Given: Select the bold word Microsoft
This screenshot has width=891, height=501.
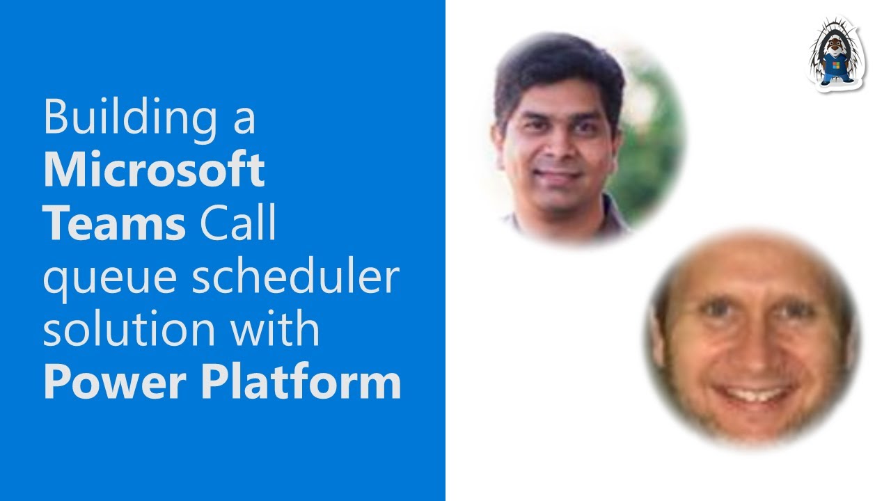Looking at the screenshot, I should point(154,170).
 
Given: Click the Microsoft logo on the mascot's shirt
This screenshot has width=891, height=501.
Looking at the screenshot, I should point(835,65).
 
